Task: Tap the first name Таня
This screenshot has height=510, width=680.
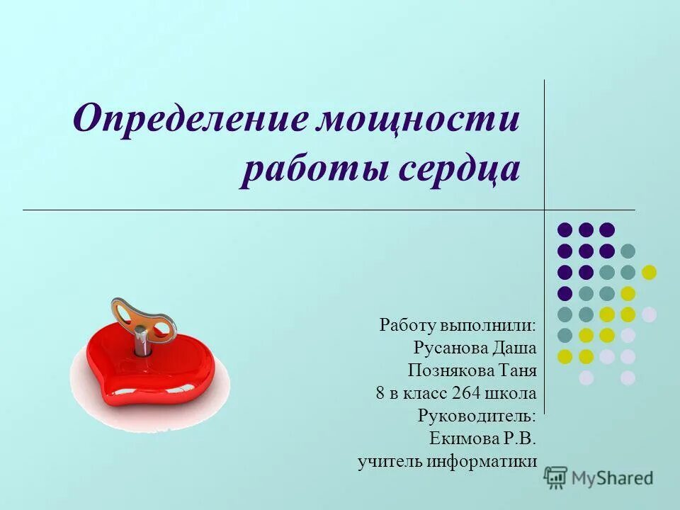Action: [515, 370]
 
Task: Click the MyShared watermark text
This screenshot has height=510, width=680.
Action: [612, 478]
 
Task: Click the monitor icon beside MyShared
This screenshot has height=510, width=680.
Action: [556, 477]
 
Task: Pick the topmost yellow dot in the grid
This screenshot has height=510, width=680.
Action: [649, 272]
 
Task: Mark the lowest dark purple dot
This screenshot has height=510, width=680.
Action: [565, 293]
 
